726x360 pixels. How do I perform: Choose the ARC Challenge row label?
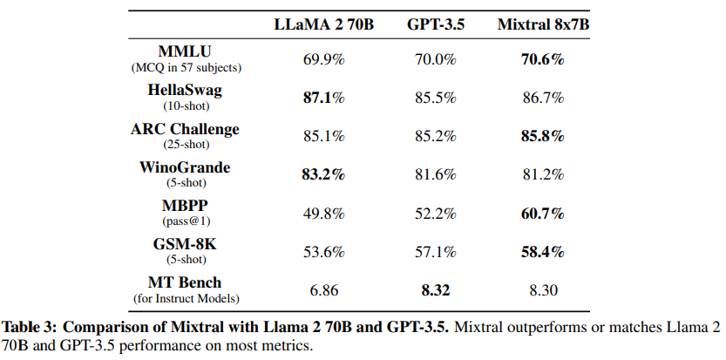tap(184, 129)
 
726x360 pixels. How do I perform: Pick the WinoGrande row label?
tap(184, 167)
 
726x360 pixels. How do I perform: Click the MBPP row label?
tap(184, 207)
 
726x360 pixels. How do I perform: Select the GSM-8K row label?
tap(184, 245)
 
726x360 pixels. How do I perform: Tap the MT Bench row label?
tap(184, 282)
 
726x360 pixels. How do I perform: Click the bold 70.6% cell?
tap(531, 59)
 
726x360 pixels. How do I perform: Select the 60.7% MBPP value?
tap(531, 214)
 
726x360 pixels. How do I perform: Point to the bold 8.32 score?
tap(436, 290)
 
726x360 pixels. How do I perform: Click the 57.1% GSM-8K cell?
tap(436, 252)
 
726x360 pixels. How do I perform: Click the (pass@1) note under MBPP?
tap(184, 221)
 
